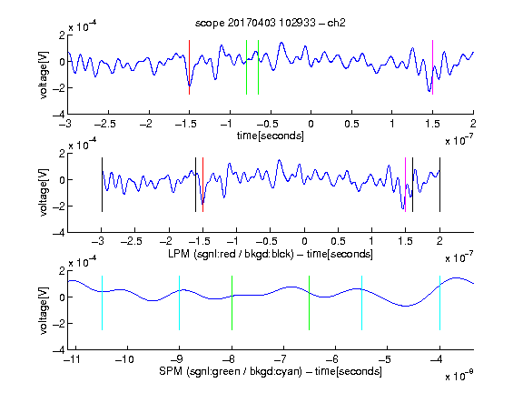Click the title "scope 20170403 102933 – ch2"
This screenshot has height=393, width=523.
[270, 23]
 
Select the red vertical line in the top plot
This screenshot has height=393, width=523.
[189, 67]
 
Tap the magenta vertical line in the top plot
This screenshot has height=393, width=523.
[432, 67]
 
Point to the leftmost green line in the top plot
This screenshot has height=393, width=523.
[246, 67]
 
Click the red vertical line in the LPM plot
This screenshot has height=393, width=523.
[202, 185]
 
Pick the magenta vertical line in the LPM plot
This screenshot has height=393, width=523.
[405, 185]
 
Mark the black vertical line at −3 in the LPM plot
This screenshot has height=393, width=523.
[102, 185]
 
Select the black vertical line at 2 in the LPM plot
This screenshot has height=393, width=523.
[439, 185]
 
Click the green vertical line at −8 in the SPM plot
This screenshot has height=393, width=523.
[232, 303]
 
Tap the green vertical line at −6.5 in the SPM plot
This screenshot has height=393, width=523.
[310, 303]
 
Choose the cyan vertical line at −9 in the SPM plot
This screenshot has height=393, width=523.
[180, 303]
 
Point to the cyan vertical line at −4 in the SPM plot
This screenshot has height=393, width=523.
[439, 303]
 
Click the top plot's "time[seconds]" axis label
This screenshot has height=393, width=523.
[271, 136]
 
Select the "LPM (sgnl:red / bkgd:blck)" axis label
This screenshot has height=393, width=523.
[231, 254]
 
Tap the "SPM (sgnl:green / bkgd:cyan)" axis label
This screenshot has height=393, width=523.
[231, 371]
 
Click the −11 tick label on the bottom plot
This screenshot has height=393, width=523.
[73, 359]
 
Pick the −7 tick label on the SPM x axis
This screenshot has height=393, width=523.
[281, 359]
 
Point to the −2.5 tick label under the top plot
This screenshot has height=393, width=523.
[104, 124]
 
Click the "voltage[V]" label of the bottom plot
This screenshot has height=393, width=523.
[44, 310]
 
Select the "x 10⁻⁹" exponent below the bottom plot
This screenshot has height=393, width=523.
[459, 375]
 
